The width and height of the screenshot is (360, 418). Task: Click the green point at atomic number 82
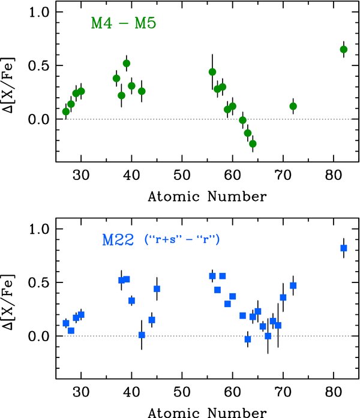344,49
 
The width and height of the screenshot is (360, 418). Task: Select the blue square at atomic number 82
344,248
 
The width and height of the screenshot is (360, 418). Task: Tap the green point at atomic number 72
293,106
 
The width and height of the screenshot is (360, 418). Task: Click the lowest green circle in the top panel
253,143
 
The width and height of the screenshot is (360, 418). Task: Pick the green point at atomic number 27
66,112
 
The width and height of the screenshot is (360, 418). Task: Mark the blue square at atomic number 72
293,285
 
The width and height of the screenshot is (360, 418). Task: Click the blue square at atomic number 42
142,335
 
